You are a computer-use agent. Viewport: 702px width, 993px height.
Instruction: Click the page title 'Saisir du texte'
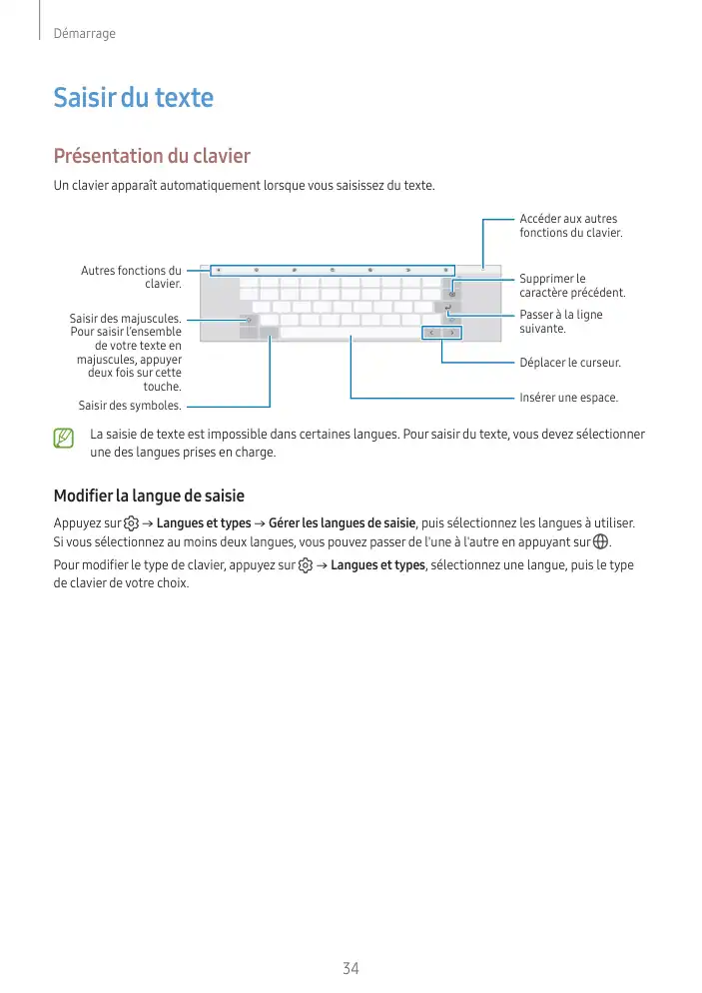pyautogui.click(x=133, y=98)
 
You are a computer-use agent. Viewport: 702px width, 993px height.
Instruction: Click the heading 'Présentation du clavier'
pyautogui.click(x=151, y=157)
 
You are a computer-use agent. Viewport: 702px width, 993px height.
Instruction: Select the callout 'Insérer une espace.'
pyautogui.click(x=568, y=398)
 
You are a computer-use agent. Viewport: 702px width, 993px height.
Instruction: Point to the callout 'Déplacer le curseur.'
pyautogui.click(x=570, y=362)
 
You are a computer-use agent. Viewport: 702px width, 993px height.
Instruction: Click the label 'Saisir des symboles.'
pyautogui.click(x=130, y=406)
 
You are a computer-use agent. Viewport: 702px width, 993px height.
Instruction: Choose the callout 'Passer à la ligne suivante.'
pyautogui.click(x=560, y=322)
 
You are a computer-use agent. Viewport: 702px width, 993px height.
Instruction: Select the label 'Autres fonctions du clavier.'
pyautogui.click(x=131, y=277)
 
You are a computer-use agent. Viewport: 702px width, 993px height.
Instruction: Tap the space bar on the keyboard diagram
pyautogui.click(x=350, y=332)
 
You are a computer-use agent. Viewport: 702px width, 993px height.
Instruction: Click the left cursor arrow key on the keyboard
pyautogui.click(x=430, y=332)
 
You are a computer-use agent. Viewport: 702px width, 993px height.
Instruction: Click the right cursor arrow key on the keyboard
pyautogui.click(x=450, y=332)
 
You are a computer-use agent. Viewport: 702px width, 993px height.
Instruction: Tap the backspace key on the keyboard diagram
pyautogui.click(x=452, y=294)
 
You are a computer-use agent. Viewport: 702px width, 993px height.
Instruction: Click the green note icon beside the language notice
pyautogui.click(x=64, y=438)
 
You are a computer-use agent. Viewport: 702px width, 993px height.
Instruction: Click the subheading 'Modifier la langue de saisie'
pyautogui.click(x=149, y=496)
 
